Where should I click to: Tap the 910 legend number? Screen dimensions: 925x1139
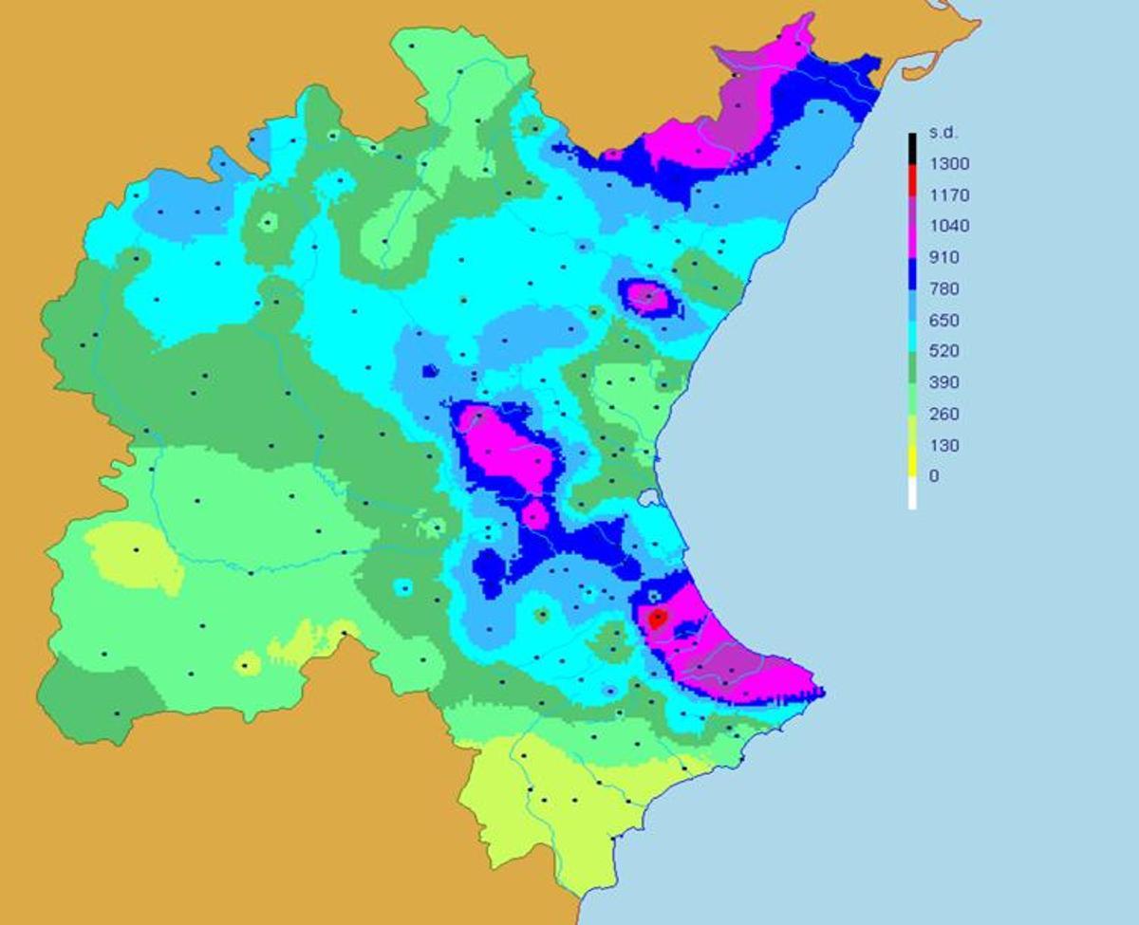(945, 257)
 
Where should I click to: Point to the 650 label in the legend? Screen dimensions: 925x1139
(945, 320)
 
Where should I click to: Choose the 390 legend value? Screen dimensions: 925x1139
(945, 382)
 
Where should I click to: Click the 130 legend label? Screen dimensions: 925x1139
(945, 445)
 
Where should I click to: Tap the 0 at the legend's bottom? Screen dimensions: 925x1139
(934, 476)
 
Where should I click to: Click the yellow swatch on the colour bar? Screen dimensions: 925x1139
(912, 461)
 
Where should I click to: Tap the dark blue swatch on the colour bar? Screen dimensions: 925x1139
(912, 273)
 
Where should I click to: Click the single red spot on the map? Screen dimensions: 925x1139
(657, 619)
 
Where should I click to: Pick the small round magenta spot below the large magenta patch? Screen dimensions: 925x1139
(535, 515)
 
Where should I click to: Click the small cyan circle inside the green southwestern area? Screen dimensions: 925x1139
(404, 587)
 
